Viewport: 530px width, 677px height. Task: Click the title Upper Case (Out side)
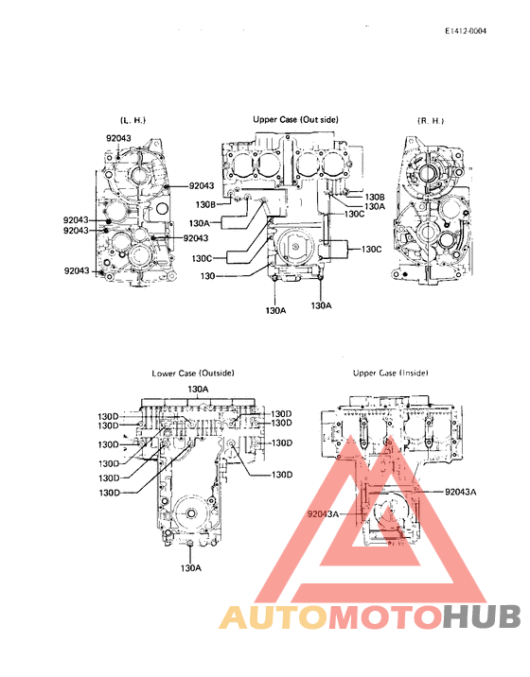click(x=295, y=120)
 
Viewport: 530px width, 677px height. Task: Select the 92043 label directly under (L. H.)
click(x=117, y=138)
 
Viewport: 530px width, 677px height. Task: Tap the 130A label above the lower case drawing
click(x=198, y=389)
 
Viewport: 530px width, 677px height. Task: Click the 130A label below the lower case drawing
click(x=191, y=568)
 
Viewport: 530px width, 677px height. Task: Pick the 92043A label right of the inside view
click(x=461, y=492)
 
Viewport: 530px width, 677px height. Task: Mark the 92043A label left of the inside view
click(x=323, y=513)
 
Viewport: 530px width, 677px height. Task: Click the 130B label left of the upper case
click(x=206, y=203)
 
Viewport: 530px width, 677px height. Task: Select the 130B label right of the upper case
click(x=375, y=196)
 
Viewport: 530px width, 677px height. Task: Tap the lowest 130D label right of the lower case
click(x=284, y=474)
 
